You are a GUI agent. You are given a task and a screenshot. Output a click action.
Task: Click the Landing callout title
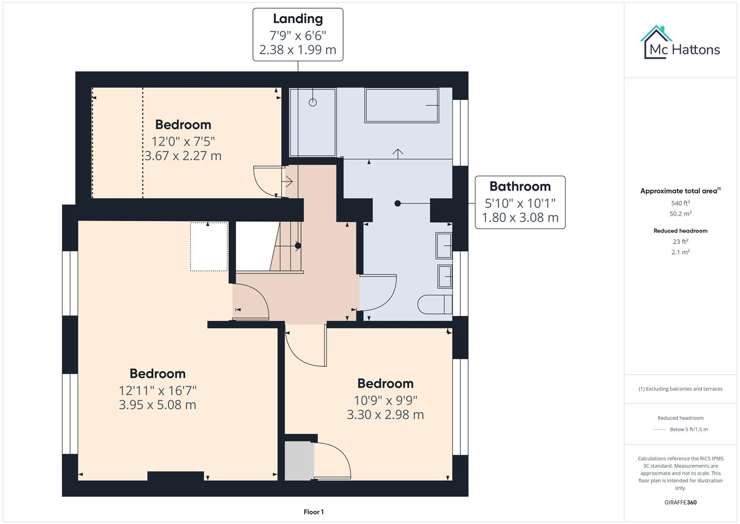(298, 19)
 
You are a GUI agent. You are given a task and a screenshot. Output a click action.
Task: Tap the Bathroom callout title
(520, 186)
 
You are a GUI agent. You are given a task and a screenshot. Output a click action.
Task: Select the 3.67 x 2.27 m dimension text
(183, 156)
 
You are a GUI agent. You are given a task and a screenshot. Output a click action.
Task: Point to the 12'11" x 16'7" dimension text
(157, 391)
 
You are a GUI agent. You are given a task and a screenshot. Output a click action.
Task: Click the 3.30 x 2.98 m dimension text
(385, 415)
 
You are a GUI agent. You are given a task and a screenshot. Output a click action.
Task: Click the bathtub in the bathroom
(402, 105)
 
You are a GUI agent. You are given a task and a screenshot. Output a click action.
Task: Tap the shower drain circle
(313, 102)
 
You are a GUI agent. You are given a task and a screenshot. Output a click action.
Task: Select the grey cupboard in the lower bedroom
(299, 461)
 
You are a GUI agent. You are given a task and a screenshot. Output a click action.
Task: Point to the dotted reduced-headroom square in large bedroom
(209, 246)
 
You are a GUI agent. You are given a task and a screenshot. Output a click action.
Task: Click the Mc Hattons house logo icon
(656, 41)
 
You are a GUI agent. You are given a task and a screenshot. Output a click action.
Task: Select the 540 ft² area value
(680, 203)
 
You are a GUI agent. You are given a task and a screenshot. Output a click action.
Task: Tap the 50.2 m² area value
(680, 214)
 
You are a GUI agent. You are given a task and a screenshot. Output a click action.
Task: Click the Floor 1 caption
(314, 512)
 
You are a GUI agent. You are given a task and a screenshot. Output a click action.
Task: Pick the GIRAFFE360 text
(680, 502)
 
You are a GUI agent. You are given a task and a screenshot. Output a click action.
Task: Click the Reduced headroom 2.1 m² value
(680, 252)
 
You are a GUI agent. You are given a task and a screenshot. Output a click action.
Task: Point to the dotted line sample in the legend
(660, 429)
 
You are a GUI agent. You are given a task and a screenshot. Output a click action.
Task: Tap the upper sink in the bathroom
(443, 246)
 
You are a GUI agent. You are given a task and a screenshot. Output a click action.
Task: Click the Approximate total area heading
(680, 191)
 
